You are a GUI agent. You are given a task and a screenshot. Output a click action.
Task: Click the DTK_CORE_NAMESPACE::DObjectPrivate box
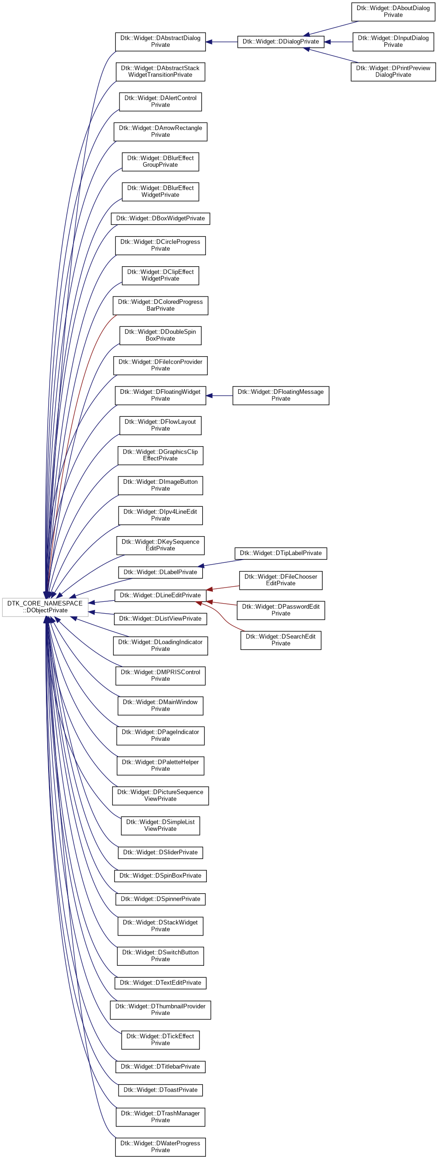click(x=45, y=607)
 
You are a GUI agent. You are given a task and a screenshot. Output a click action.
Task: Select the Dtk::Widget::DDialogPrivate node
click(x=280, y=42)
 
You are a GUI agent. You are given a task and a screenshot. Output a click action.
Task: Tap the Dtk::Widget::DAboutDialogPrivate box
click(x=393, y=11)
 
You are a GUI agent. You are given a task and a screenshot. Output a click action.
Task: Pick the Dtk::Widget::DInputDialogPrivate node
click(x=393, y=42)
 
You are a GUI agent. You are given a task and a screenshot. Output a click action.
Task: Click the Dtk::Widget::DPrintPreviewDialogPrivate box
click(x=393, y=72)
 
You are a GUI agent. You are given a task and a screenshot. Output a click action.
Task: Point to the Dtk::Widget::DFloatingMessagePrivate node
click(x=280, y=395)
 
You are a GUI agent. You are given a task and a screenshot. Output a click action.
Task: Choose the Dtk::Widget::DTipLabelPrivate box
click(x=280, y=553)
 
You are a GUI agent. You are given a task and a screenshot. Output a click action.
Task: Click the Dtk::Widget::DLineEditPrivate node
click(x=160, y=595)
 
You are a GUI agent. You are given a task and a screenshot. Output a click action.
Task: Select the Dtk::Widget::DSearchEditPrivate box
click(x=280, y=640)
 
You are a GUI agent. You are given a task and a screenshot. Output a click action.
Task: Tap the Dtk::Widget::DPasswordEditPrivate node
click(x=280, y=610)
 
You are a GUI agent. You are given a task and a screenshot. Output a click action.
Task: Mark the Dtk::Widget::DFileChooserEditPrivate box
click(x=280, y=580)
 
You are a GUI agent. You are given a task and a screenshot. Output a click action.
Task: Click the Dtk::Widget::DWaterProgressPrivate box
click(x=160, y=1147)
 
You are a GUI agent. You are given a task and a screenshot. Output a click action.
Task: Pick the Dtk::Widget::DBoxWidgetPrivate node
click(x=160, y=218)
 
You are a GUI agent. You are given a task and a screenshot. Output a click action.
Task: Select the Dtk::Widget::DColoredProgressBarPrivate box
click(x=160, y=305)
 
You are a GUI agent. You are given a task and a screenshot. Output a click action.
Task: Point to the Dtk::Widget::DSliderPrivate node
click(x=160, y=852)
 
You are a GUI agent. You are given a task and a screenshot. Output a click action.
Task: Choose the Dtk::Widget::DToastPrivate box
click(x=160, y=1090)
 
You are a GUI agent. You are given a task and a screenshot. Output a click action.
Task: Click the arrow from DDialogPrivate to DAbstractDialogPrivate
click(x=222, y=42)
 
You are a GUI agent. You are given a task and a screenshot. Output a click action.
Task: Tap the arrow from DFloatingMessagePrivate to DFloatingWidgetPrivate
click(x=219, y=395)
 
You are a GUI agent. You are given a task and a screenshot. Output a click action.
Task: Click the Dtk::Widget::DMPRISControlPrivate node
click(x=160, y=676)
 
